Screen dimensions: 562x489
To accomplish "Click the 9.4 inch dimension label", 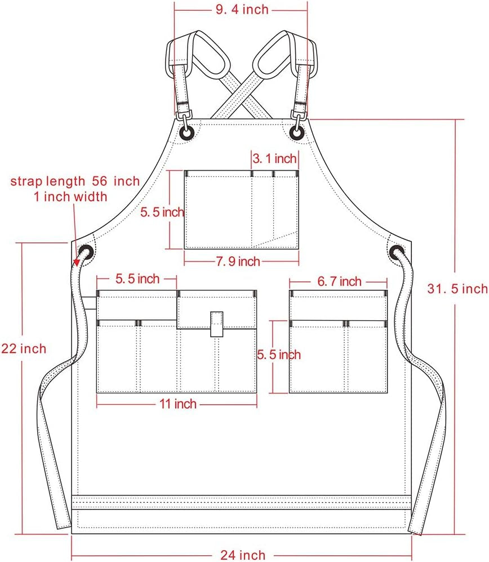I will tap(241, 9).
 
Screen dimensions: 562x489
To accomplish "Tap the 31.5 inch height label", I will tap(457, 289).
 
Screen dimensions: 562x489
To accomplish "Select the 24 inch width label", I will tap(242, 555).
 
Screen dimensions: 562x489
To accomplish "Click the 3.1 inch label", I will tap(274, 159).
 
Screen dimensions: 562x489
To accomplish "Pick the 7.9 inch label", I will tap(237, 261).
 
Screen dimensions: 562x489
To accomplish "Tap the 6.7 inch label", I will tap(339, 281).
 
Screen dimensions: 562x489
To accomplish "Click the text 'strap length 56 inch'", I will tap(75, 181).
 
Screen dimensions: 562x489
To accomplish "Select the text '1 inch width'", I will tap(70, 197).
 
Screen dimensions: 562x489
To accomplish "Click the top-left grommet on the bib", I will tap(186, 132).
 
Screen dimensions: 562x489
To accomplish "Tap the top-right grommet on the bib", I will tap(296, 132).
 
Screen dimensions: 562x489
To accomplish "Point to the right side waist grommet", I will tap(397, 251).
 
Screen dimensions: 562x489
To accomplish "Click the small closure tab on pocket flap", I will tap(217, 324).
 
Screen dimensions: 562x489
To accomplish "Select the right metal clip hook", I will tap(299, 117).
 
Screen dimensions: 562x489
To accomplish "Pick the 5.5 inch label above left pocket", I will tap(137, 278).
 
